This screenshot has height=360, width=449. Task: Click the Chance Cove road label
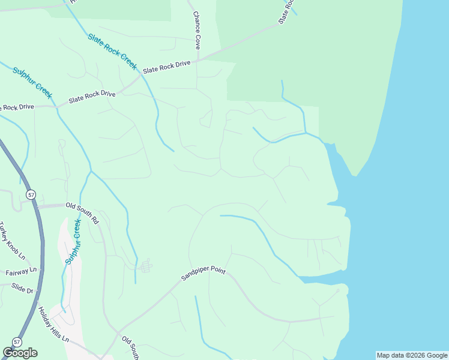click(x=196, y=31)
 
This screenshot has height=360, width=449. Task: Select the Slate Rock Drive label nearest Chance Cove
click(x=166, y=67)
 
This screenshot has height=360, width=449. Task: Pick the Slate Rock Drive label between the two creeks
click(x=92, y=96)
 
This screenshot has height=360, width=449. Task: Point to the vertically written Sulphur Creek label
click(x=73, y=242)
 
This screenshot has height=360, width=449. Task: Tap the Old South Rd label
click(x=82, y=212)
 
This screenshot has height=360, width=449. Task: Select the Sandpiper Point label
click(x=203, y=275)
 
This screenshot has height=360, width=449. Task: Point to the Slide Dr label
click(x=22, y=288)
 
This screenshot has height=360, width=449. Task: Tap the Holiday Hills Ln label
click(x=54, y=325)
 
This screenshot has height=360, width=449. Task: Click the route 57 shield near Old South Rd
click(x=31, y=194)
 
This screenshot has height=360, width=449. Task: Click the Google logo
click(x=20, y=353)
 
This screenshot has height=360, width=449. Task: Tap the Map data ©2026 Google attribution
click(x=412, y=355)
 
